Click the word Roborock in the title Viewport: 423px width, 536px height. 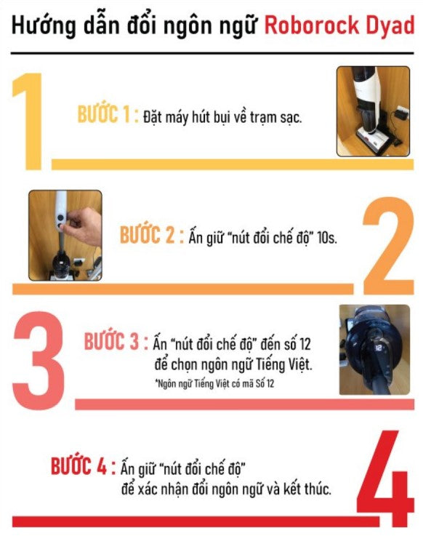(x=312, y=25)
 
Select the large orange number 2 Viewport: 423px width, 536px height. (x=389, y=245)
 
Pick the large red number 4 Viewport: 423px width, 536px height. (x=385, y=479)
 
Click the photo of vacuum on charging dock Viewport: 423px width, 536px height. (x=373, y=111)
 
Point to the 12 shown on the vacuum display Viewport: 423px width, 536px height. (x=379, y=348)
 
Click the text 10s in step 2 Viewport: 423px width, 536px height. (x=327, y=238)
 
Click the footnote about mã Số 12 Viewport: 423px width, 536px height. (x=214, y=383)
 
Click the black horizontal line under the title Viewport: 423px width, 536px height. (x=212, y=53)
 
